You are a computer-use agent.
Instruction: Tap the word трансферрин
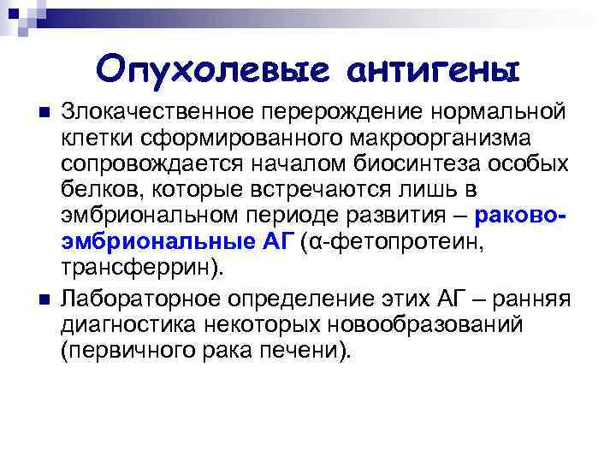pos(138,267)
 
